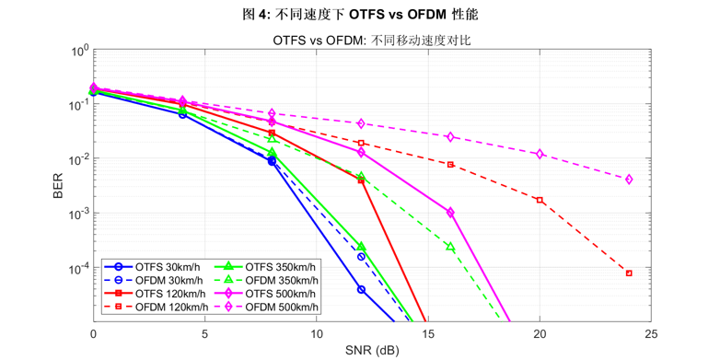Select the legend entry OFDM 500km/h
tap(266, 307)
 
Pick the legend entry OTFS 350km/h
tap(266, 267)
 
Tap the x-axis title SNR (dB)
tap(372, 350)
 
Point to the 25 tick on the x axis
tap(651, 332)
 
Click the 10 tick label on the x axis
tap(317, 332)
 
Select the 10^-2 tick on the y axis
tap(78, 159)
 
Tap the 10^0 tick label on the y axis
tap(78, 51)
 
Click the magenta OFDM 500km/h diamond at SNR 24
tap(629, 180)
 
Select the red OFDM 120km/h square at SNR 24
tap(629, 273)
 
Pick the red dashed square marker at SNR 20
tap(540, 200)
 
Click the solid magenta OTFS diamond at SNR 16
tap(450, 213)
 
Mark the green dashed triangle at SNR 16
tap(450, 247)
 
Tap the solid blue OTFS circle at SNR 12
tap(361, 290)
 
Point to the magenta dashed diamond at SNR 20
tap(540, 155)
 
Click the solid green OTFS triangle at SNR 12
tap(361, 247)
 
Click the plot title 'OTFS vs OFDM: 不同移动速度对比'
tap(372, 41)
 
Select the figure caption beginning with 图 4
tap(359, 16)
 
